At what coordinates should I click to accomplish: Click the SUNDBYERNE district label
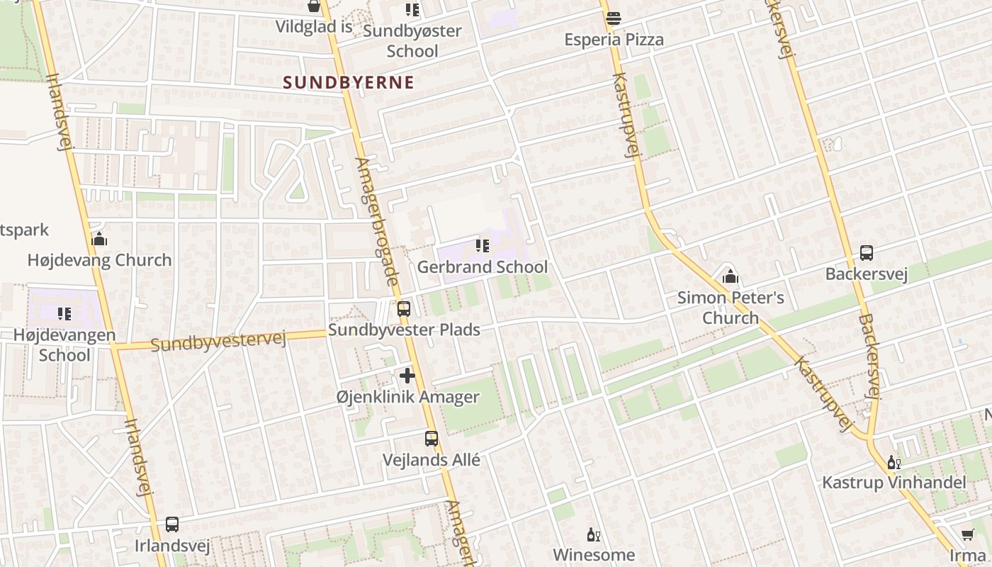pyautogui.click(x=348, y=82)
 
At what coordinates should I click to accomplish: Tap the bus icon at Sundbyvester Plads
pyautogui.click(x=403, y=309)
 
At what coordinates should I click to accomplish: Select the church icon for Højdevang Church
pyautogui.click(x=99, y=239)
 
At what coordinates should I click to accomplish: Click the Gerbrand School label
pyautogui.click(x=482, y=267)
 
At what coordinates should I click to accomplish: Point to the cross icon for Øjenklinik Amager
pyautogui.click(x=407, y=376)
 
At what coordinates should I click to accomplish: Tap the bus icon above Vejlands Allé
pyautogui.click(x=431, y=439)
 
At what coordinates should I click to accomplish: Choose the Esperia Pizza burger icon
pyautogui.click(x=614, y=18)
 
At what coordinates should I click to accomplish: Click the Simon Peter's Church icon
pyautogui.click(x=731, y=276)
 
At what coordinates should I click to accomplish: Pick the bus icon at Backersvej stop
pyautogui.click(x=866, y=252)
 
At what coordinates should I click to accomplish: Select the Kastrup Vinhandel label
pyautogui.click(x=894, y=483)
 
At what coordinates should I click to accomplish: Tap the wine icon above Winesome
pyautogui.click(x=593, y=534)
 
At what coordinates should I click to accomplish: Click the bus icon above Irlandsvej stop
pyautogui.click(x=171, y=524)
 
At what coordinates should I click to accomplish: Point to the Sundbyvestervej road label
pyautogui.click(x=218, y=342)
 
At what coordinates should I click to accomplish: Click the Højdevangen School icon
pyautogui.click(x=64, y=313)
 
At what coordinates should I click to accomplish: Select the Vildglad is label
pyautogui.click(x=314, y=27)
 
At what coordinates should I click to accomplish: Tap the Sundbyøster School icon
pyautogui.click(x=412, y=9)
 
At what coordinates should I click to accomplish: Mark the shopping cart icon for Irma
pyautogui.click(x=968, y=534)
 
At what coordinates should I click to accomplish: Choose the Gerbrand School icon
pyautogui.click(x=482, y=246)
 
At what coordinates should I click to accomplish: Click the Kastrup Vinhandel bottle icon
pyautogui.click(x=894, y=463)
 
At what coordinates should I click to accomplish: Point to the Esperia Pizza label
pyautogui.click(x=614, y=40)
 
